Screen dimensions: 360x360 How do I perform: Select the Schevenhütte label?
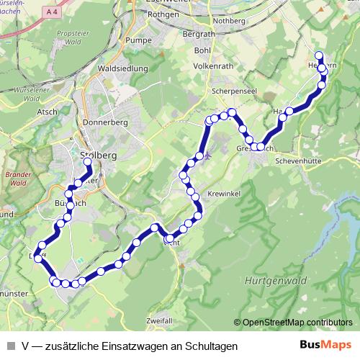(297, 161)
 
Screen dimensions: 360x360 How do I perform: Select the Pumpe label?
(135, 41)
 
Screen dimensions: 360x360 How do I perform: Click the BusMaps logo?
(325, 346)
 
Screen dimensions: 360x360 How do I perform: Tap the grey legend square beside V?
(11, 346)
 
